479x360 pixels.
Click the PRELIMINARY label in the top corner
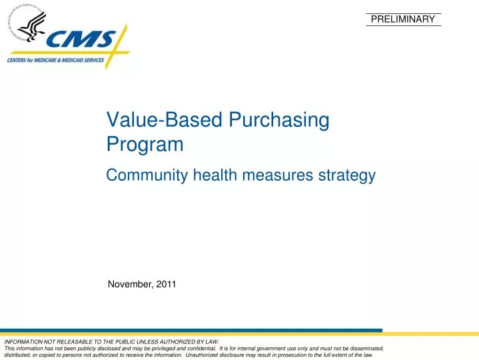[x=402, y=19]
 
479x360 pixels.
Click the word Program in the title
[x=145, y=145]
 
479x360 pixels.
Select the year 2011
[x=167, y=285]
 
